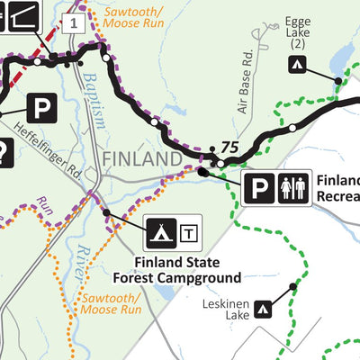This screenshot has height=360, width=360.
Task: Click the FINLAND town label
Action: (x=143, y=158)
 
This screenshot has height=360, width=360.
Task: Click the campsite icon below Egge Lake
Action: (x=296, y=64)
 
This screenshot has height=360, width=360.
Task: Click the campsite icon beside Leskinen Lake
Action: (x=263, y=310)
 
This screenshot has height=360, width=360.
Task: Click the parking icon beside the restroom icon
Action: (x=260, y=188)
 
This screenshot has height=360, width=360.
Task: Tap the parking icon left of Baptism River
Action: (x=41, y=110)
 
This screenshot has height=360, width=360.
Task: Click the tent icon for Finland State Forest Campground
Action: (x=161, y=233)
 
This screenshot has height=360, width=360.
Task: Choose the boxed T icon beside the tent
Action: (x=189, y=234)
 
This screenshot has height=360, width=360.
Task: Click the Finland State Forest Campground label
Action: (x=188, y=270)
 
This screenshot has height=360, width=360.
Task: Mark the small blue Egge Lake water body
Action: (x=340, y=61)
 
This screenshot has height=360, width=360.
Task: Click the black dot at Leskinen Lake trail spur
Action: (x=293, y=287)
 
